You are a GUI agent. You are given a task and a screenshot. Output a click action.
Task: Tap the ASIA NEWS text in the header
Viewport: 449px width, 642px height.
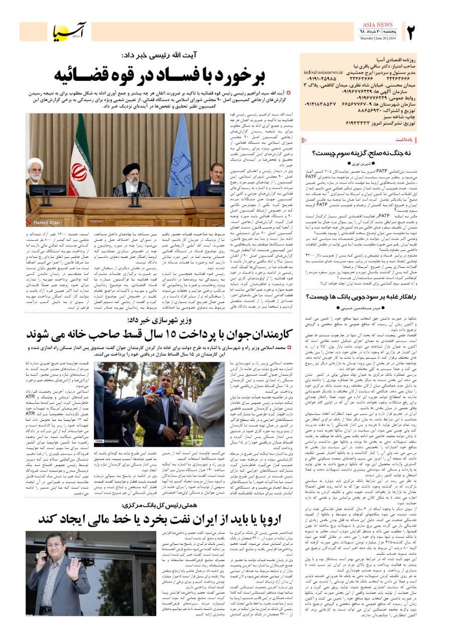pos(377,25)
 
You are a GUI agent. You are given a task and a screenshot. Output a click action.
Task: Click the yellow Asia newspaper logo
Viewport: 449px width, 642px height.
pos(70,31)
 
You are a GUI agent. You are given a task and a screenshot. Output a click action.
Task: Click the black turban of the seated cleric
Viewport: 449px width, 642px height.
pos(131,168)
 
